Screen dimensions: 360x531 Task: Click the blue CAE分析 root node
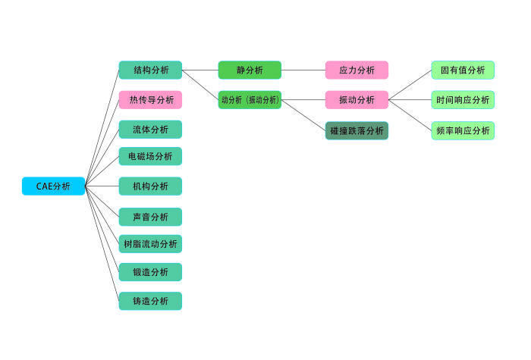coord(53,186)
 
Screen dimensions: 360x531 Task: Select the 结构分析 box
coord(150,70)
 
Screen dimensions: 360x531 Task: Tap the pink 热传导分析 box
coord(150,100)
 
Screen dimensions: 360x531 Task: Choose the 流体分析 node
coord(150,130)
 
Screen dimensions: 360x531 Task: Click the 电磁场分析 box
coord(150,157)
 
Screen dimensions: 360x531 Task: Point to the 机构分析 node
coord(150,186)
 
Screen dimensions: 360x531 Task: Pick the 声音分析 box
coord(150,217)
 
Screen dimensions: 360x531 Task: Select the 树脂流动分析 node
coord(150,244)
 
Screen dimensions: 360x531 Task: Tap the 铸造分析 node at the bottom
coord(150,301)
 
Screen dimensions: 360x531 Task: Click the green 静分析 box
coord(250,70)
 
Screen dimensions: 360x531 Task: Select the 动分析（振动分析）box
coord(250,100)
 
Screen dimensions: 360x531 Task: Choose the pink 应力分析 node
coord(357,70)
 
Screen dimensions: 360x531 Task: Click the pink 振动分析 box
coord(357,100)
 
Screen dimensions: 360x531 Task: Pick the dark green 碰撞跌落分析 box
coord(357,131)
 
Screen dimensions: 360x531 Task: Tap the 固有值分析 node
coord(463,70)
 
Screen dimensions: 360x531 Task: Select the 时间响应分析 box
coord(463,100)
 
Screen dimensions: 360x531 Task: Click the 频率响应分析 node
coord(463,131)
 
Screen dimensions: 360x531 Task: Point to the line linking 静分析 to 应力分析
coord(303,70)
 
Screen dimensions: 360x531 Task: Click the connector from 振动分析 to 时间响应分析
coord(410,100)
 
